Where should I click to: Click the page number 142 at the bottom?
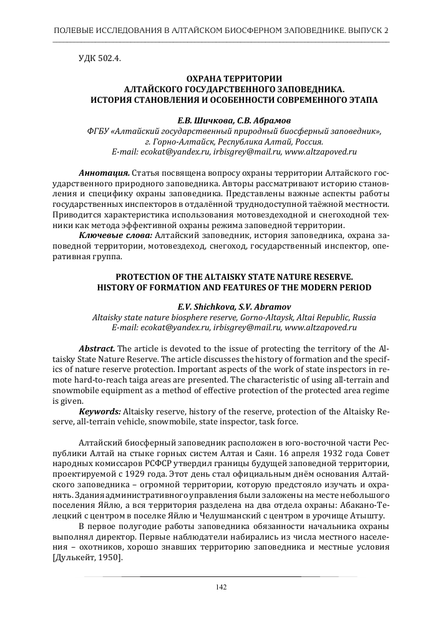pyautogui.click(x=220, y=586)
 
